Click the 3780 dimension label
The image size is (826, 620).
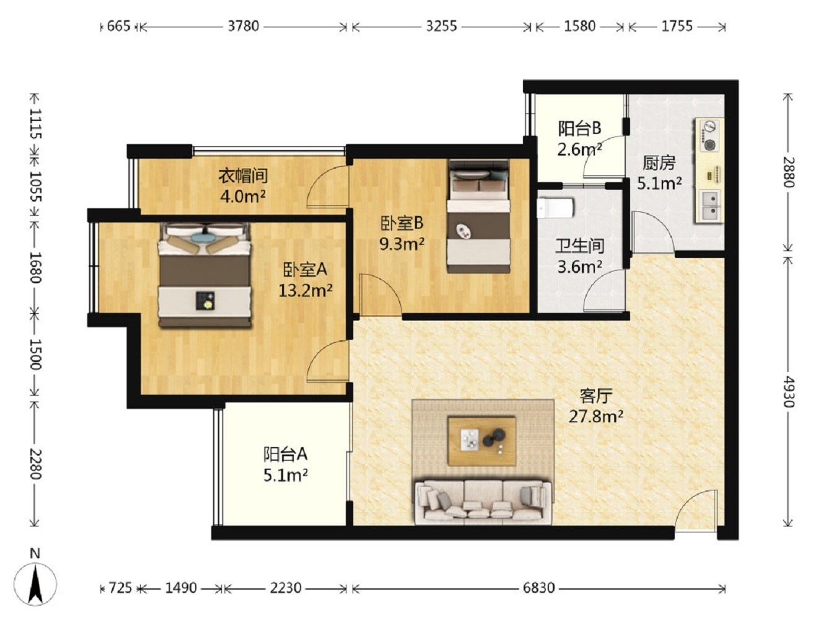pos(244,27)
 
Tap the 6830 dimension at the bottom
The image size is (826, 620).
pos(538,588)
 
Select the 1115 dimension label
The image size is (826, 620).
pos(36,123)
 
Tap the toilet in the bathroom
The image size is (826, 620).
pos(555,208)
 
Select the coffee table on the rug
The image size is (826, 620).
pos(481,441)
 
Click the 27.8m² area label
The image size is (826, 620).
pos(595,417)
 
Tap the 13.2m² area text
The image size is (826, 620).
pos(305,290)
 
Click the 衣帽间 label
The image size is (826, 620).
pos(243,175)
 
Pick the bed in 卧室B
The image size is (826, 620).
pos(478,216)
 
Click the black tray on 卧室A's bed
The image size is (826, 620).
pos(205,301)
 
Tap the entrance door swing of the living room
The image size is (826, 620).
pos(695,508)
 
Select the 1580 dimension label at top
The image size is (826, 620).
pos(579,27)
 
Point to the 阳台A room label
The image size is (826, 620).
pos(285,454)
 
